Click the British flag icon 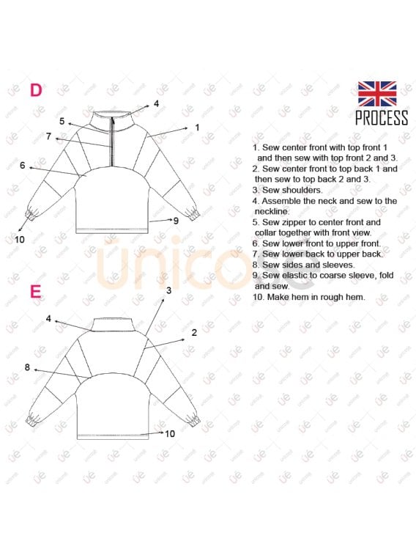(377, 94)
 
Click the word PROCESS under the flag (382, 117)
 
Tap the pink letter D (36, 90)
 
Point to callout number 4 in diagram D (156, 103)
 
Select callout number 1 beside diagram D (197, 127)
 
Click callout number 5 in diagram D (62, 122)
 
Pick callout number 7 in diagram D (49, 136)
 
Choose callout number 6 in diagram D (23, 165)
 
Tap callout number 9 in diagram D (176, 221)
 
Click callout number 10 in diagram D (20, 240)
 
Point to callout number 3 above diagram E (168, 290)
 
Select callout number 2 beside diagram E (194, 332)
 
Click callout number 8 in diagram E (27, 367)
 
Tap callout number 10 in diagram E (170, 433)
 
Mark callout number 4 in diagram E (48, 319)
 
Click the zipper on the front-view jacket (113, 141)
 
